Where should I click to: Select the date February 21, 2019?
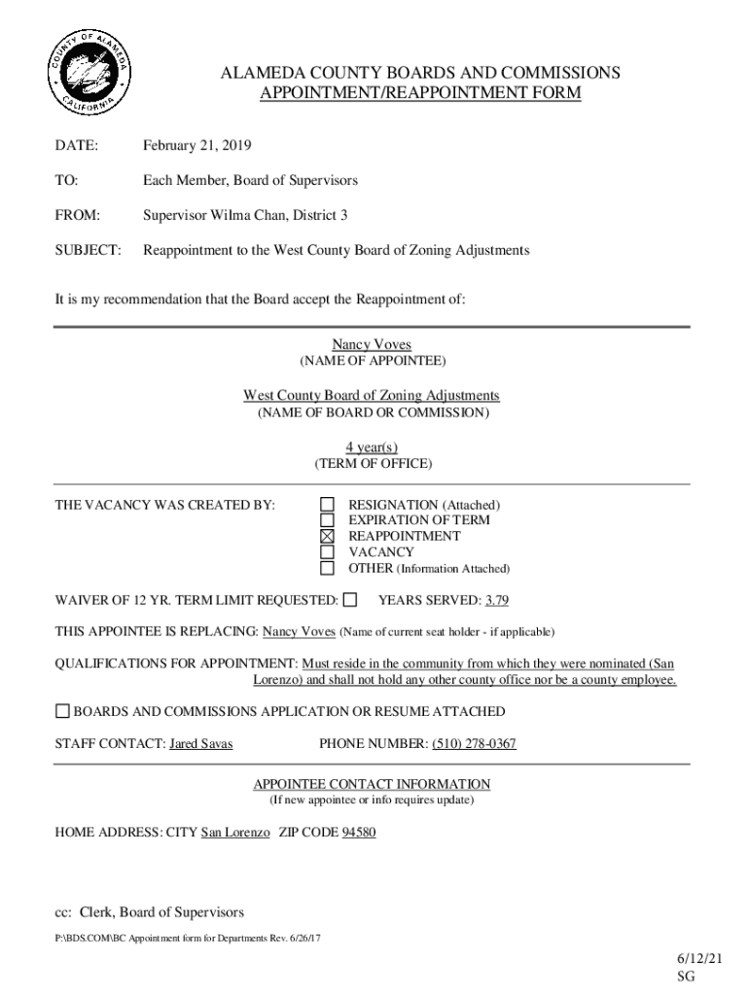[197, 146]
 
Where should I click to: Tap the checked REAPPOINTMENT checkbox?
[328, 536]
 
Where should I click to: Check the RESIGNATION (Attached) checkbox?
[328, 505]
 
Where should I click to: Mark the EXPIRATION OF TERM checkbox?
[328, 520]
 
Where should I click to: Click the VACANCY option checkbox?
[328, 551]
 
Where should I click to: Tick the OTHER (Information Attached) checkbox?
[328, 568]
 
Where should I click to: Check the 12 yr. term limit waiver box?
[350, 599]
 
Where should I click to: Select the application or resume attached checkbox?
[62, 711]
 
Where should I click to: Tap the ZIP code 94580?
[359, 834]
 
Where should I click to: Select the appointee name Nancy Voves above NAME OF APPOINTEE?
[372, 345]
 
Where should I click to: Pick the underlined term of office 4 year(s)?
[372, 447]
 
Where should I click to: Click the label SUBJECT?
[89, 251]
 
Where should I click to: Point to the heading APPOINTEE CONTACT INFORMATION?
[372, 784]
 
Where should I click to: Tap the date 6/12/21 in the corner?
[700, 959]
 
